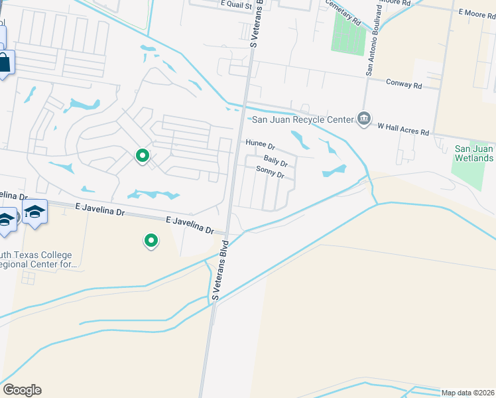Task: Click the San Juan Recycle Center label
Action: (302, 119)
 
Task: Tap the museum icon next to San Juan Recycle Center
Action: (363, 119)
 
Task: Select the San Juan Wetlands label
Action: (473, 154)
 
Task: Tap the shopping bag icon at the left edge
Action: (4, 64)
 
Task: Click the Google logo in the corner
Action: (22, 390)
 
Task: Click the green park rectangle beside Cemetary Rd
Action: (347, 33)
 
